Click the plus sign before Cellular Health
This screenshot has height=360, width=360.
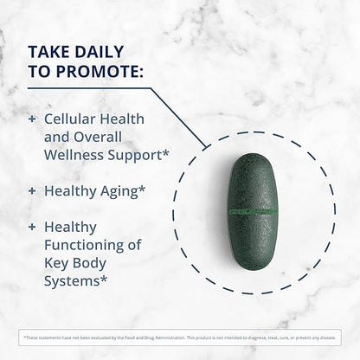point(33,118)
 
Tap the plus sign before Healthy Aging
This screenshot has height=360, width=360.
point(33,189)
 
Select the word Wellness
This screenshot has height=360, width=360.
point(78,157)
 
